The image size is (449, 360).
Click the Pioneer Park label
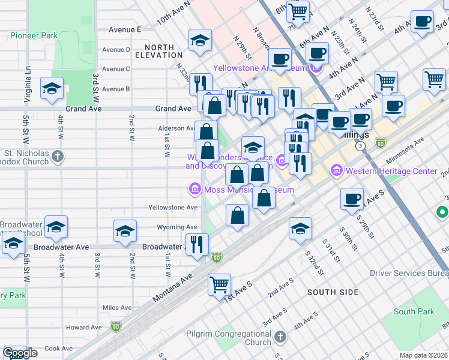click(34, 35)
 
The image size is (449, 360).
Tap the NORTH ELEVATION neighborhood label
click(159, 51)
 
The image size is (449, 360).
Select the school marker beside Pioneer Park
click(52, 88)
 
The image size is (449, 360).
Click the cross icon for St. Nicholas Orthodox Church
click(58, 157)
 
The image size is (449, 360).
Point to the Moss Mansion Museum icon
click(194, 190)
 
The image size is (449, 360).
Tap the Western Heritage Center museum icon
click(336, 172)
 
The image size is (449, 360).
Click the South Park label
click(414, 312)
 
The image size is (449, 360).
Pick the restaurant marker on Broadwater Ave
click(197, 244)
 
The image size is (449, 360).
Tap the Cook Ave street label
click(59, 348)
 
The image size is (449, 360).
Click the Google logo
click(20, 353)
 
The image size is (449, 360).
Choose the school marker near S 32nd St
click(301, 228)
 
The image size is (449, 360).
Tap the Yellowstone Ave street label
click(173, 208)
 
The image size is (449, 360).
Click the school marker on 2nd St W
click(125, 232)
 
